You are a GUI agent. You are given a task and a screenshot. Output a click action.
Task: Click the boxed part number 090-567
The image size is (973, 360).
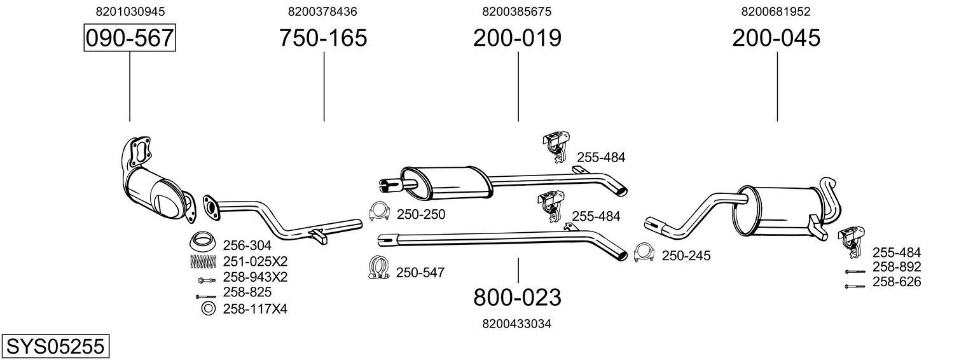130,38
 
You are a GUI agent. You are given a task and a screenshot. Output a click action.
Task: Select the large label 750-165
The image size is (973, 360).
323,38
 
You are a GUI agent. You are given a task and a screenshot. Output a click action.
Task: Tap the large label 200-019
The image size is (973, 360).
517,38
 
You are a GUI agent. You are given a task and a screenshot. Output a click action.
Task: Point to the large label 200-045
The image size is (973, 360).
776,38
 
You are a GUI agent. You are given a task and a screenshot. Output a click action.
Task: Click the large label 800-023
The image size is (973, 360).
517,297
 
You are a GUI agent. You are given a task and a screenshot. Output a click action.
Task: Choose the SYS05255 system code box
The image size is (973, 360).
55,347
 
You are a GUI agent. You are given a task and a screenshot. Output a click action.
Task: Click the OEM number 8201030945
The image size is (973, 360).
130,11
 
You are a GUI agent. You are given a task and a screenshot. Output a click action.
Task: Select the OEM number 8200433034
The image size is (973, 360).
517,324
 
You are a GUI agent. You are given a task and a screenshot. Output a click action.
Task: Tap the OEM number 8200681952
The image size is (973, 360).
776,11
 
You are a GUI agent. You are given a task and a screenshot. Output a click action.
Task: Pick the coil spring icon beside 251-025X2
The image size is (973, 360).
203,261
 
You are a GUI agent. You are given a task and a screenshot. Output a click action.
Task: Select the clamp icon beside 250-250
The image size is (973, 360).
380,212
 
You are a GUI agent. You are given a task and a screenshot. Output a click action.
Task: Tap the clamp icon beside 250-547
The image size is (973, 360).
379,267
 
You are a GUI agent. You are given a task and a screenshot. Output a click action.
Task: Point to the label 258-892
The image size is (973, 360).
896,267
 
